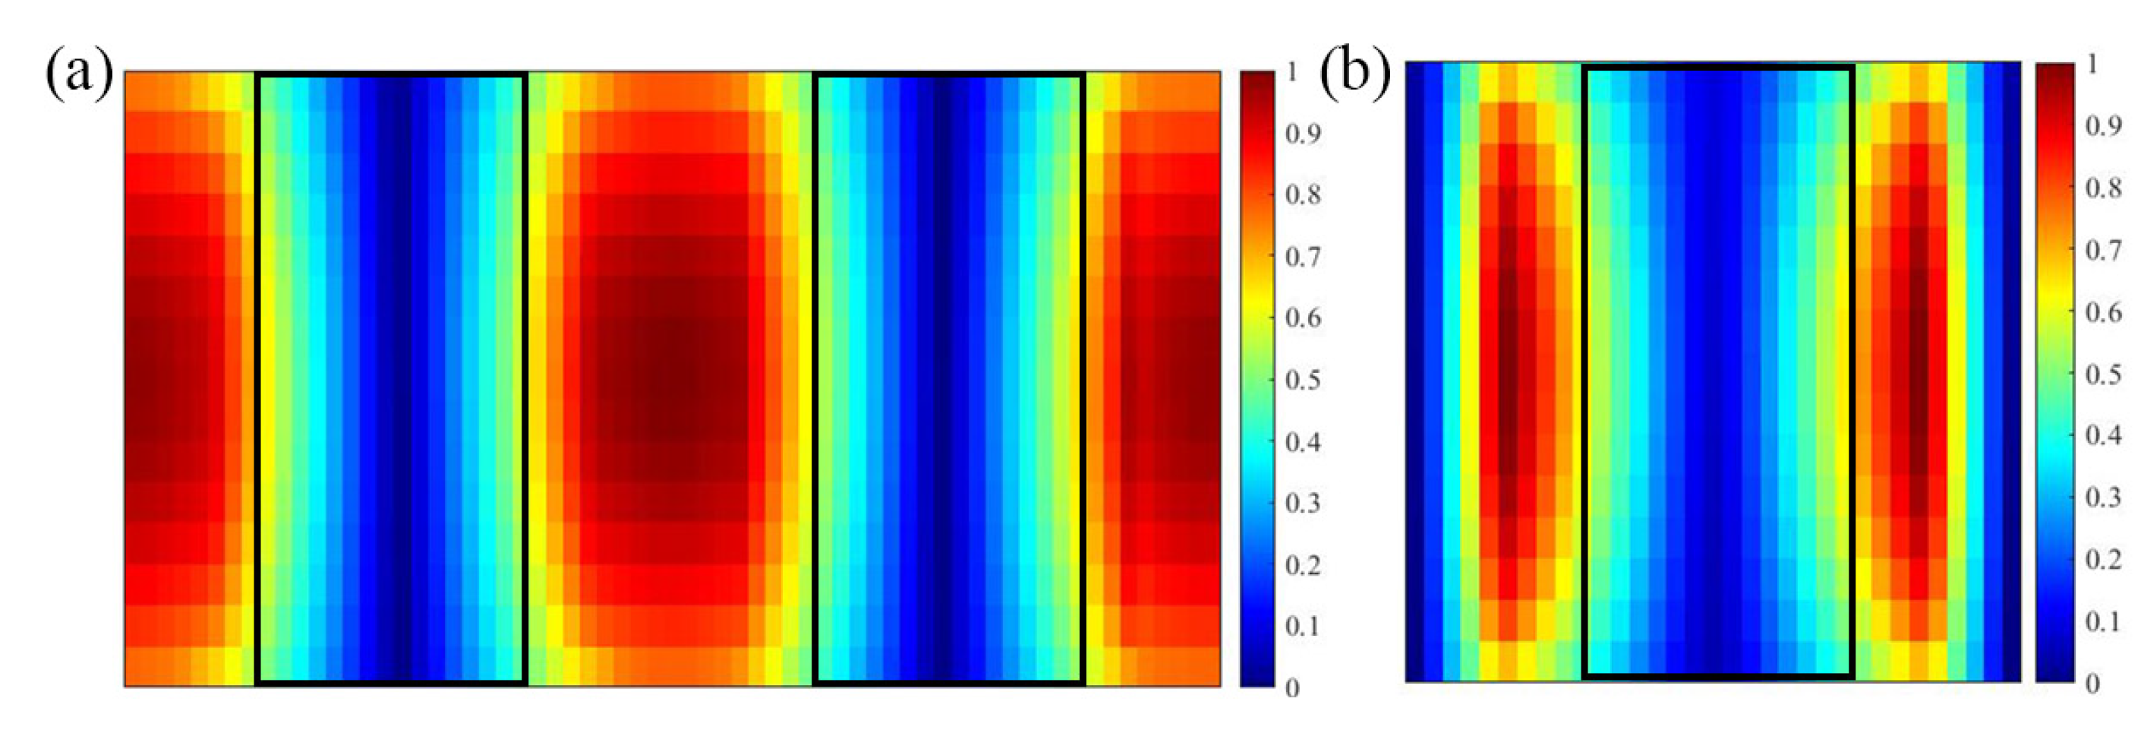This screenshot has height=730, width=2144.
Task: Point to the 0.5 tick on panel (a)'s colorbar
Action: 1303,380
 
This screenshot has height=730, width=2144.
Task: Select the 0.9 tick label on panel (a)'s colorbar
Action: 1303,133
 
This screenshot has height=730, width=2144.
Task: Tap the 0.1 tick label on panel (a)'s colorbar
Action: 1303,625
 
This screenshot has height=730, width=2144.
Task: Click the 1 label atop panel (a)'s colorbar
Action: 1291,71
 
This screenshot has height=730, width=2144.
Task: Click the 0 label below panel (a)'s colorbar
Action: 1291,687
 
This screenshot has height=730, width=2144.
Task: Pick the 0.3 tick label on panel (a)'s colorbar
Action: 1303,503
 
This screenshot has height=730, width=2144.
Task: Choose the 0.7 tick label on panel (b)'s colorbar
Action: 2102,250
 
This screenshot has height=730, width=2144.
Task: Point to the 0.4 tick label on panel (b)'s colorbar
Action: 2102,435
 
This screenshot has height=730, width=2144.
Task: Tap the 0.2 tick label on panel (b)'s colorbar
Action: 2102,559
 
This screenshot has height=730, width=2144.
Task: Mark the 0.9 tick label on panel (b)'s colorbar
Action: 2102,125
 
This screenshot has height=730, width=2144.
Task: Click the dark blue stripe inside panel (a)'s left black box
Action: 392,379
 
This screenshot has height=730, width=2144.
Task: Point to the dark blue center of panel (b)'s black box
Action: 1717,371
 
